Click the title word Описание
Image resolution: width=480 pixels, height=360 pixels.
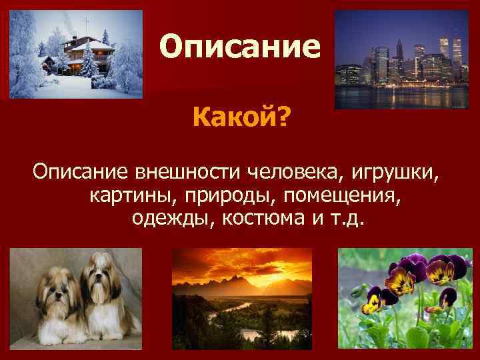point(240,47)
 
